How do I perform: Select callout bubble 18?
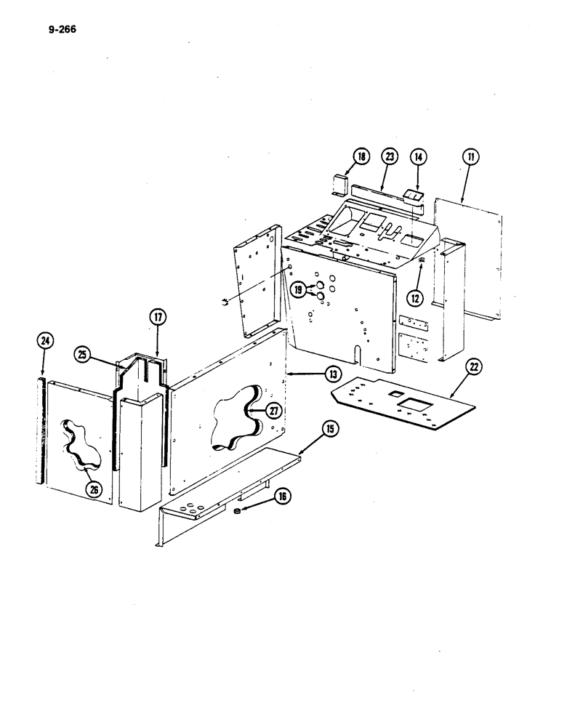361,156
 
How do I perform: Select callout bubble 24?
44,340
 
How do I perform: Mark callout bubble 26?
93,489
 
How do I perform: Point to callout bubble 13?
331,374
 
